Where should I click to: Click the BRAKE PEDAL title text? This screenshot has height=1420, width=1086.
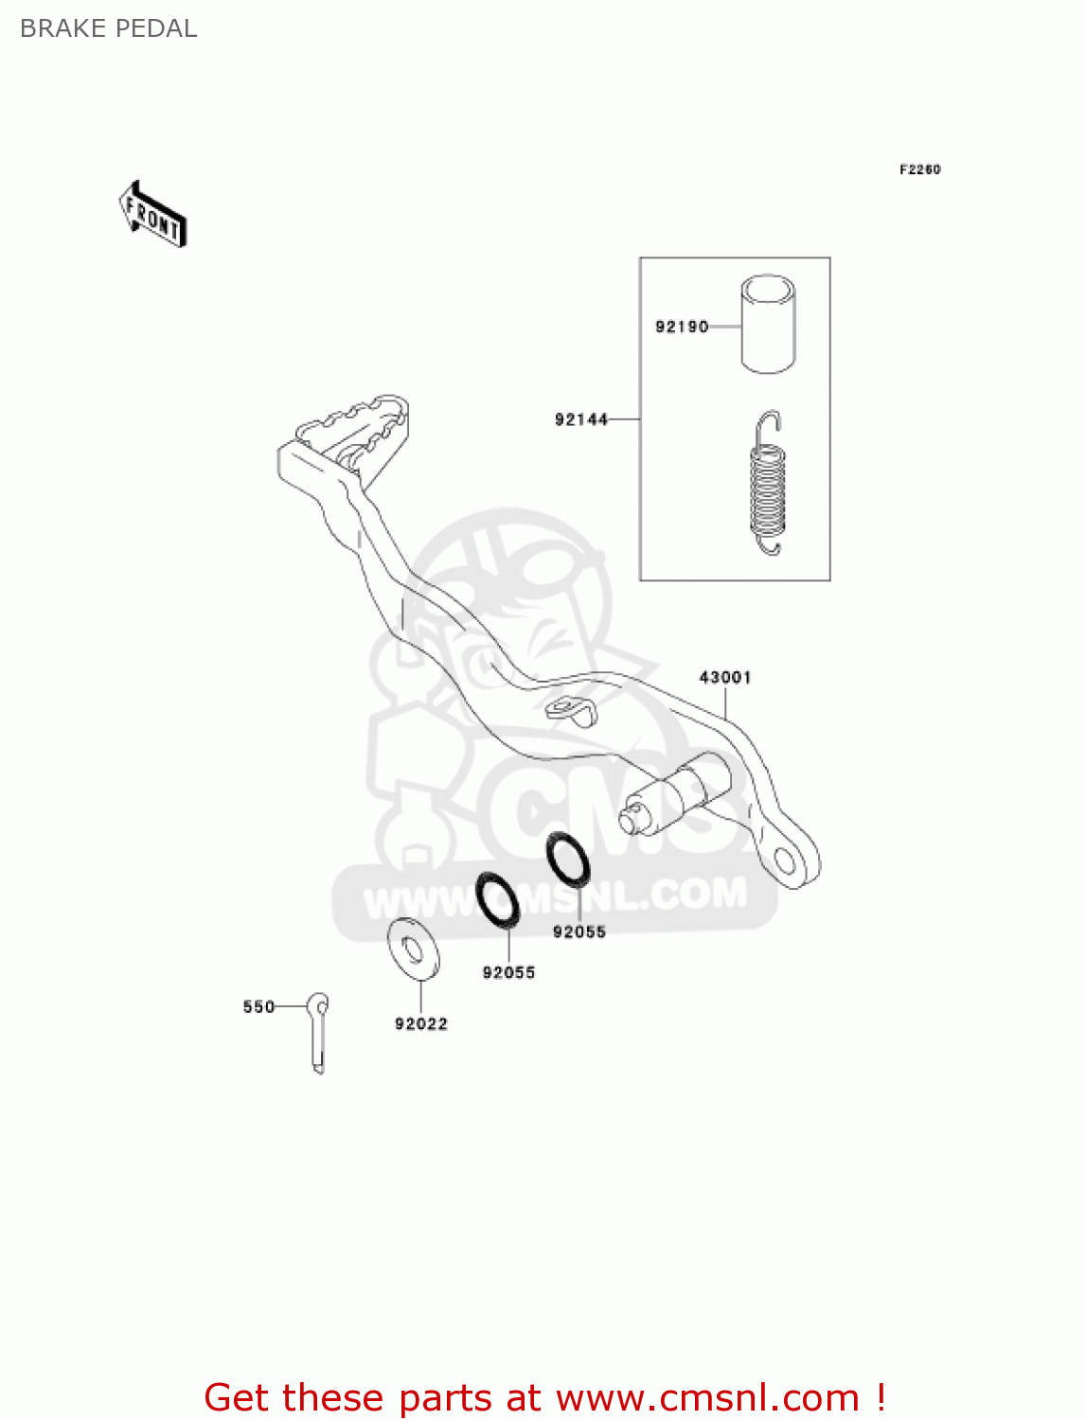click(108, 28)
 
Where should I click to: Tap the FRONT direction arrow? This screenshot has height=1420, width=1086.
click(152, 215)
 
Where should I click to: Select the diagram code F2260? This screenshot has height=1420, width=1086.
click(919, 169)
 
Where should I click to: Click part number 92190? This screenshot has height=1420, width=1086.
click(682, 327)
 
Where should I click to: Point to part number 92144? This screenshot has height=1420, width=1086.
click(581, 419)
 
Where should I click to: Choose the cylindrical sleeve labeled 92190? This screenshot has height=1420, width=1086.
click(768, 324)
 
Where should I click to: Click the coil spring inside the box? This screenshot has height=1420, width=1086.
click(767, 484)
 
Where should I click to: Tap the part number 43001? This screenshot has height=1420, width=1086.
click(725, 677)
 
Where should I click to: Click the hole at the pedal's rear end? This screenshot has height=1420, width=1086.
click(784, 860)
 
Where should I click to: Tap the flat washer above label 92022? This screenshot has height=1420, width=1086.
click(414, 948)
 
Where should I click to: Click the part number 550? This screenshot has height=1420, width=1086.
click(258, 1006)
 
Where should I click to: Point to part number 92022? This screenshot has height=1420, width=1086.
click(421, 1023)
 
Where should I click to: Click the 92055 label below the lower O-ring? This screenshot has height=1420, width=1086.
click(508, 972)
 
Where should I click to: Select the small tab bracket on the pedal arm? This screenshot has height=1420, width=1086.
click(570, 709)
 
